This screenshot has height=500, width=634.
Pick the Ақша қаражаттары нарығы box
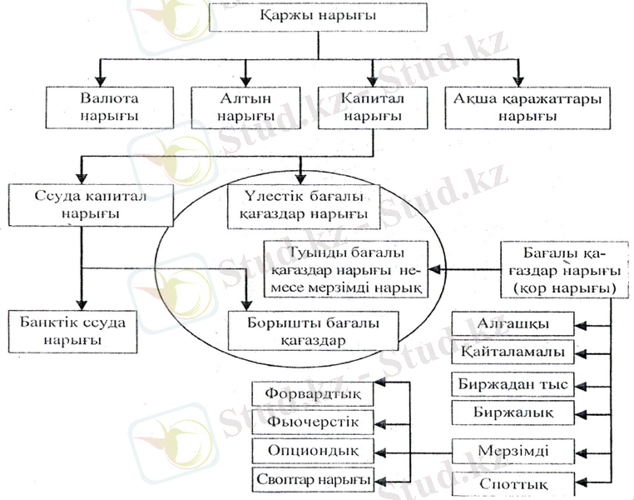pyautogui.click(x=515, y=106)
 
